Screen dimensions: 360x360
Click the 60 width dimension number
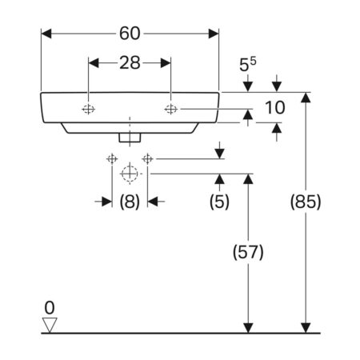pyautogui.click(x=130, y=34)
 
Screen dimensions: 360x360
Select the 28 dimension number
pyautogui.click(x=130, y=63)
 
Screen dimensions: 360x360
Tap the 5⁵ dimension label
pyautogui.click(x=248, y=65)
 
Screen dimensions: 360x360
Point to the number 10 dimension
pyautogui.click(x=275, y=108)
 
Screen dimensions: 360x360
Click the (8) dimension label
pyautogui.click(x=130, y=202)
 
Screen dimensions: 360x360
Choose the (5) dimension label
pyautogui.click(x=219, y=202)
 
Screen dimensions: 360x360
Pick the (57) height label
pyautogui.click(x=248, y=252)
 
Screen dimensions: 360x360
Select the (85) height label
pyautogui.click(x=306, y=202)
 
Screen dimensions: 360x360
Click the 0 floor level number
pyautogui.click(x=50, y=308)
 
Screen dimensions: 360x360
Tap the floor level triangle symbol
pyautogui.click(x=50, y=325)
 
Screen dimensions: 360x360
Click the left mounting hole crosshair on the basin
pyautogui.click(x=88, y=109)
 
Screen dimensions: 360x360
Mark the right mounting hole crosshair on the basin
pyautogui.click(x=170, y=109)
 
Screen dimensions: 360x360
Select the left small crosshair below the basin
pyautogui.click(x=112, y=159)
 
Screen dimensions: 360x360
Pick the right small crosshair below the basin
pyautogui.click(x=147, y=159)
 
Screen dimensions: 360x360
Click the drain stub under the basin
pyautogui.click(x=130, y=138)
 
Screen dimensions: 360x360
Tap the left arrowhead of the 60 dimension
pyautogui.click(x=46, y=34)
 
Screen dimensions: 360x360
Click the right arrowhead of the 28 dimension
pyautogui.click(x=166, y=63)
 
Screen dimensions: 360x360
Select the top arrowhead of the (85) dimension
pyautogui.click(x=306, y=98)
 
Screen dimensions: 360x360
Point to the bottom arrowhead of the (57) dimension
pyautogui.click(x=248, y=328)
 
